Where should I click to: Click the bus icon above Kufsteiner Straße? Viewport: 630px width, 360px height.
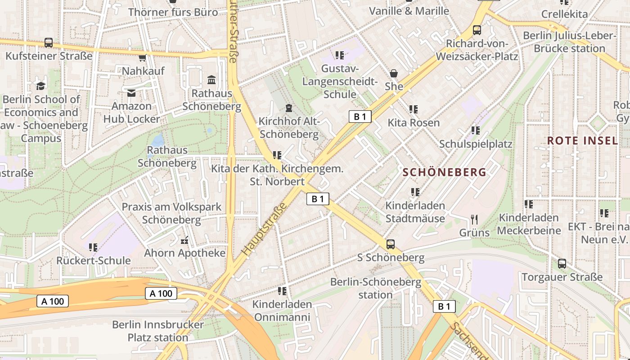(x=49, y=43)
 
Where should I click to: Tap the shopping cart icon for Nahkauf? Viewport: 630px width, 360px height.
(x=143, y=58)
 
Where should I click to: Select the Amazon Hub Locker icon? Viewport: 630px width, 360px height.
(x=131, y=93)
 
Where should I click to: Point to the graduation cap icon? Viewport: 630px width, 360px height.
(x=41, y=85)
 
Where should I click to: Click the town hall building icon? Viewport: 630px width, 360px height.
(x=211, y=80)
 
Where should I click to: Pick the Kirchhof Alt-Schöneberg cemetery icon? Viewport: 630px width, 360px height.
(x=288, y=108)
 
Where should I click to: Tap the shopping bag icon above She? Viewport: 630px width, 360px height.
(x=394, y=73)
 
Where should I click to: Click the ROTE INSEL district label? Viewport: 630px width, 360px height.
(x=582, y=140)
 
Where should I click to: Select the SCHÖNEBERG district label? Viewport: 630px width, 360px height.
(x=445, y=172)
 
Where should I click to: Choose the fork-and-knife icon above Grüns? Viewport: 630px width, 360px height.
(x=474, y=220)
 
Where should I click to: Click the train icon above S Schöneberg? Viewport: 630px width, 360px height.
(x=391, y=244)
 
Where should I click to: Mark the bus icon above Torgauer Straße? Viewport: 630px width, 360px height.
(x=562, y=264)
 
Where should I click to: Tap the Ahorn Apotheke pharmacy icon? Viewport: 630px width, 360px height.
(x=184, y=240)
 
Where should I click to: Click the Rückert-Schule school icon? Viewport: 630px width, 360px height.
(x=93, y=247)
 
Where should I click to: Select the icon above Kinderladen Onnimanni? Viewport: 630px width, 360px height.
(x=282, y=291)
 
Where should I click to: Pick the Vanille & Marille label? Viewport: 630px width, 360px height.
(x=409, y=11)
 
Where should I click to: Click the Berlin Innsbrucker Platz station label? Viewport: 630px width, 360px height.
(x=157, y=331)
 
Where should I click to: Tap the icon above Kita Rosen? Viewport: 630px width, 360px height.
(x=414, y=109)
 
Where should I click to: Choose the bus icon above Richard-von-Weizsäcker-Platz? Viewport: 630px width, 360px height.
(x=477, y=30)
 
